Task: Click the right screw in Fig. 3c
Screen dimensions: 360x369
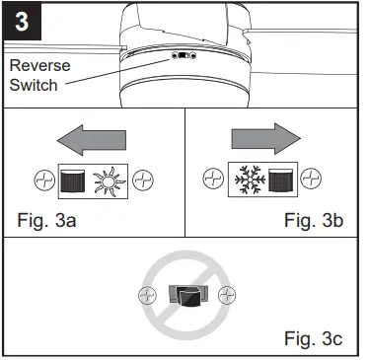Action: (225, 294)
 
